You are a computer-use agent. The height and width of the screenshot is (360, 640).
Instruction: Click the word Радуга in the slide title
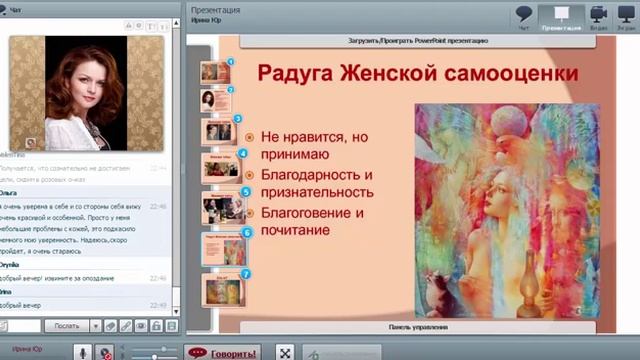pyautogui.click(x=296, y=74)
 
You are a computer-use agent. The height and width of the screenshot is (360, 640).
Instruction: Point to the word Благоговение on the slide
pyautogui.click(x=305, y=212)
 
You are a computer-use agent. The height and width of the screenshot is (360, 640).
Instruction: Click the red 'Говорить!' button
pyautogui.click(x=222, y=352)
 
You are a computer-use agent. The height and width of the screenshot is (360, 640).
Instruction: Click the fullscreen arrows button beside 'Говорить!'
pyautogui.click(x=285, y=352)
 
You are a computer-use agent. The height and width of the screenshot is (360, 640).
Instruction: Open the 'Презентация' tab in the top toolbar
pyautogui.click(x=562, y=17)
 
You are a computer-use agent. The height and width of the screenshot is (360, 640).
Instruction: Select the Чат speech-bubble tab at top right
pyautogui.click(x=524, y=17)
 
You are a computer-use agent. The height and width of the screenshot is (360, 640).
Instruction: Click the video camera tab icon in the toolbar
pyautogui.click(x=599, y=17)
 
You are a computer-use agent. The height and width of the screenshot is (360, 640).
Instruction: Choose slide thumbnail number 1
pyautogui.click(x=215, y=72)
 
